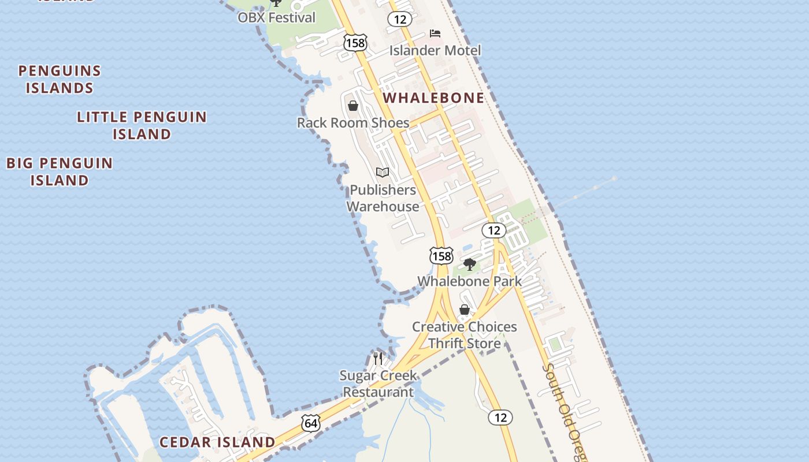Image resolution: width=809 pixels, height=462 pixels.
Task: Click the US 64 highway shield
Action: click(311, 423)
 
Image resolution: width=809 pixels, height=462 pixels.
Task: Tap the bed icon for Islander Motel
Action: click(435, 33)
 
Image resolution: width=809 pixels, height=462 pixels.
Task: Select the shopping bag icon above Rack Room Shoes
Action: click(353, 106)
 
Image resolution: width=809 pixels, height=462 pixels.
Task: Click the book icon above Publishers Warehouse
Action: click(383, 172)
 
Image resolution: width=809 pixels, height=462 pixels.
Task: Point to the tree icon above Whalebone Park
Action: click(470, 264)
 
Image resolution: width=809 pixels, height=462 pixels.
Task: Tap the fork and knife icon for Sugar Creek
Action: click(378, 358)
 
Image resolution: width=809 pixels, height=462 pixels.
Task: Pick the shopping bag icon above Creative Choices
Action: click(464, 310)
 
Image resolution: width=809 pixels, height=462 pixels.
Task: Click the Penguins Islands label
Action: click(60, 80)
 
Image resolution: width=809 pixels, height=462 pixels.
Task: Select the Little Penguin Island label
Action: click(142, 125)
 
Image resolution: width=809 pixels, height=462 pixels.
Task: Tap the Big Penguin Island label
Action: click(60, 172)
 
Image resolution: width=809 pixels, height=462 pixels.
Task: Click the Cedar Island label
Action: click(217, 442)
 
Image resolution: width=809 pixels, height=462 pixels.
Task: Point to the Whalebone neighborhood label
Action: click(433, 98)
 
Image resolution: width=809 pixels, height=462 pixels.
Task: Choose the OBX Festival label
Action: click(277, 17)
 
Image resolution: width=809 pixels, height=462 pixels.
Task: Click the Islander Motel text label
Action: click(435, 50)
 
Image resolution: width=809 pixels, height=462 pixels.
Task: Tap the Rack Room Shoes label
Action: click(353, 122)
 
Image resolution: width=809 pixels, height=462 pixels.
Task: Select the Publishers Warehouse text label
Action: click(383, 198)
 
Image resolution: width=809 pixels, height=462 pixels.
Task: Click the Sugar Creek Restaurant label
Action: click(378, 383)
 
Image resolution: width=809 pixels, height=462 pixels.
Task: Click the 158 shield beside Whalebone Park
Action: click(441, 255)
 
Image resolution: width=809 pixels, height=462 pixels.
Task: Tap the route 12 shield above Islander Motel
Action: click(399, 19)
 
